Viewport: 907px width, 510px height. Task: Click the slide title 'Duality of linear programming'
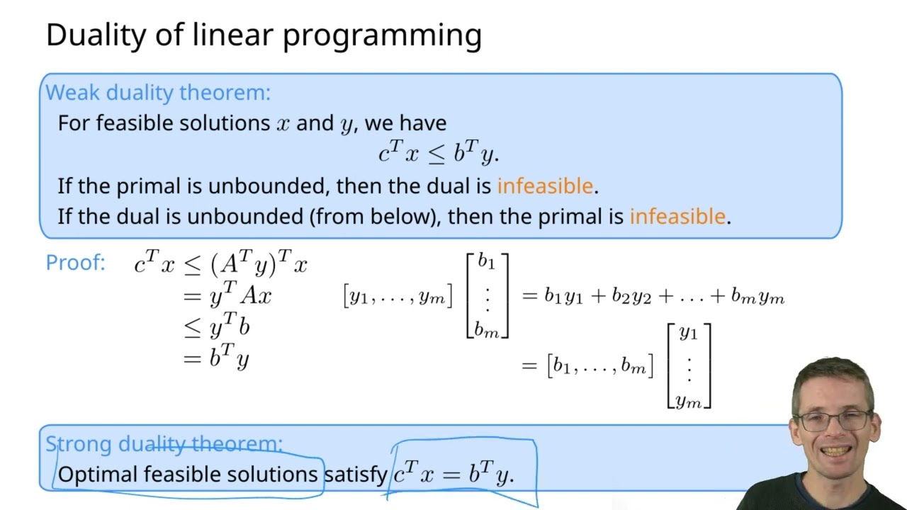pyautogui.click(x=264, y=35)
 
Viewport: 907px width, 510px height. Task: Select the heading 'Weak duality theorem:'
pyautogui.click(x=158, y=93)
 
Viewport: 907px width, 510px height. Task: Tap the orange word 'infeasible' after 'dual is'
pyautogui.click(x=545, y=186)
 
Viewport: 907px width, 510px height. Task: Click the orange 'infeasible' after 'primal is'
pyautogui.click(x=677, y=217)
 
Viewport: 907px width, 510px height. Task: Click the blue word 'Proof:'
pyautogui.click(x=75, y=263)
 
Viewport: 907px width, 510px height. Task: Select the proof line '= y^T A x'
pyautogui.click(x=227, y=296)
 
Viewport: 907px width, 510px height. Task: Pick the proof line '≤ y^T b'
pyautogui.click(x=217, y=327)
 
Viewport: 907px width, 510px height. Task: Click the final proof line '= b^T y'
pyautogui.click(x=216, y=359)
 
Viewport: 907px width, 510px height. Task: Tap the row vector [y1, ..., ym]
pyautogui.click(x=398, y=297)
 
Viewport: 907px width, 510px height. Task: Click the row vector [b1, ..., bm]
pyautogui.click(x=600, y=366)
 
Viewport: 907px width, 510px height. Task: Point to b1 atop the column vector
pyautogui.click(x=486, y=261)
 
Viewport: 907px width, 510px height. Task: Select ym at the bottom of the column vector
pyautogui.click(x=688, y=402)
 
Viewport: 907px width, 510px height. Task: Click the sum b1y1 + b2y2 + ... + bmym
pyautogui.click(x=664, y=297)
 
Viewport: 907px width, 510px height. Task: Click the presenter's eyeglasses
pyautogui.click(x=835, y=421)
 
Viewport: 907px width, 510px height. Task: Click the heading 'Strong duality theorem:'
pyautogui.click(x=164, y=444)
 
